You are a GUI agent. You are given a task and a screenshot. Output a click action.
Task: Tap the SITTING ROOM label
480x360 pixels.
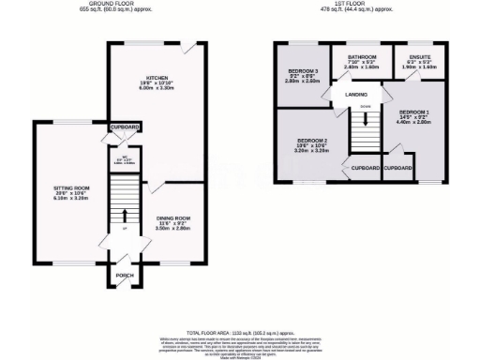click(x=69, y=187)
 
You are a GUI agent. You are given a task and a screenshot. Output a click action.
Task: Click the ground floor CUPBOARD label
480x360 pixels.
click(x=125, y=127)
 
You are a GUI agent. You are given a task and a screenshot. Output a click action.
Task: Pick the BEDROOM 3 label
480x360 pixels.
click(x=303, y=71)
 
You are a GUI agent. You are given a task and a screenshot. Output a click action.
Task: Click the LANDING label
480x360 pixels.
click(x=355, y=95)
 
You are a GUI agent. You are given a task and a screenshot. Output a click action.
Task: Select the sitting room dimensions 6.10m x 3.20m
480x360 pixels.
click(x=69, y=199)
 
